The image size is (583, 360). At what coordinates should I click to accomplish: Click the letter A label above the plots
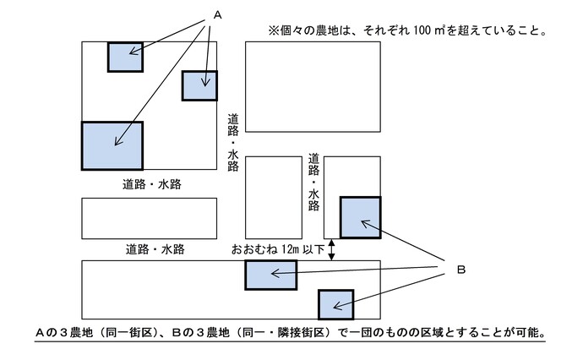tap(218, 15)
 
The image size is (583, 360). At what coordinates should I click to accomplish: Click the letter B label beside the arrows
tap(461, 270)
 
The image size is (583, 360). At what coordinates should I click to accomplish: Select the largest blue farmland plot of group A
tap(112, 146)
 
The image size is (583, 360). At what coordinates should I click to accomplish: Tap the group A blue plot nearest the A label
tap(125, 56)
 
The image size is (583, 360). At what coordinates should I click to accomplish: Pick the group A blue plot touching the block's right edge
tap(199, 85)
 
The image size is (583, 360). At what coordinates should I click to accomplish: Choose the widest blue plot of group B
tap(270, 275)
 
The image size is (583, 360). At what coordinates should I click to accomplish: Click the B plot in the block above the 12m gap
tap(360, 217)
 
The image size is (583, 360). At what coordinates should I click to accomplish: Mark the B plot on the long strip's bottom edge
tap(335, 303)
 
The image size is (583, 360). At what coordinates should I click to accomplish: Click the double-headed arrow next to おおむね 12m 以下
tap(332, 250)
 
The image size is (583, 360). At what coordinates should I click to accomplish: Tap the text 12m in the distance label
tap(291, 250)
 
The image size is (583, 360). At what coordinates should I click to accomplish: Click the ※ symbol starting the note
tap(274, 30)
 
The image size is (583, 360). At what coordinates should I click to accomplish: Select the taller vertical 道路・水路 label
tap(233, 142)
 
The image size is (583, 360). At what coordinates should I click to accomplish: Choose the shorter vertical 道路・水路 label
tap(313, 181)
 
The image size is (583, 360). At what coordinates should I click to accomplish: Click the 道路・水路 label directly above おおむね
tap(155, 249)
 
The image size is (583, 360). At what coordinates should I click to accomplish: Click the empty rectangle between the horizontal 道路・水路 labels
tap(149, 218)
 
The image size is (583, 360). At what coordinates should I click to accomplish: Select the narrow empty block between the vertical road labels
tap(274, 197)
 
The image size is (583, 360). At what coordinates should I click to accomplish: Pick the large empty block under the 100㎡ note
tap(313, 86)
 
